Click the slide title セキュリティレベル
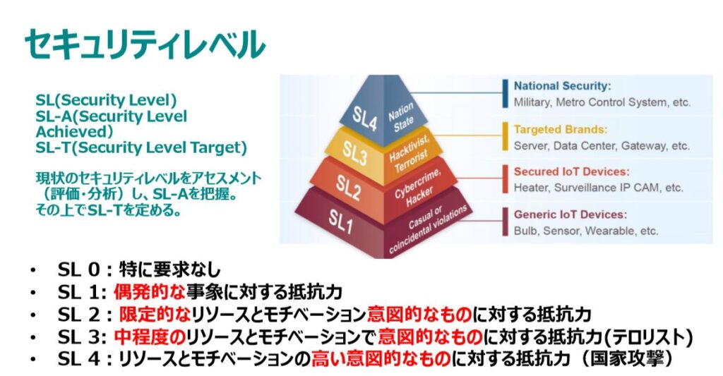[x=145, y=44]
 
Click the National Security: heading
[x=562, y=86]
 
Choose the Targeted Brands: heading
[x=559, y=130]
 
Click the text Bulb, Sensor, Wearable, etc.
[x=586, y=231]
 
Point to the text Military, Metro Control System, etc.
[x=602, y=102]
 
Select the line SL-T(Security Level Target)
[x=141, y=147]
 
